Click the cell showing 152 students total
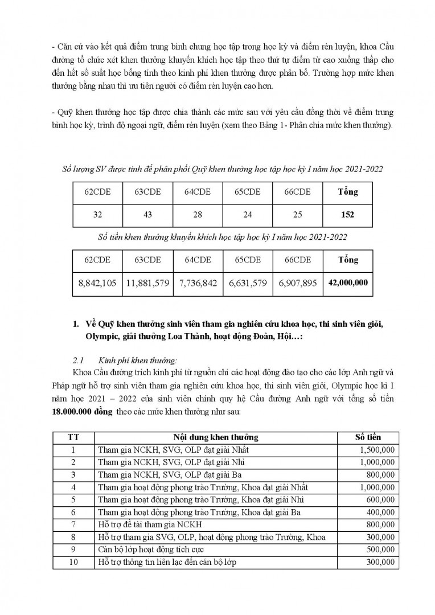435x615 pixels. pyautogui.click(x=347, y=215)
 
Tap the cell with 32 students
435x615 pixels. pyautogui.click(x=97, y=215)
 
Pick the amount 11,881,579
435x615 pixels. pyautogui.click(x=147, y=282)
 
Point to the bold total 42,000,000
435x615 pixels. pyautogui.click(x=347, y=282)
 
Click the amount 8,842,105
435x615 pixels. pyautogui.click(x=97, y=282)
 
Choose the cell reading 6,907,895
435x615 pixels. pyautogui.click(x=297, y=282)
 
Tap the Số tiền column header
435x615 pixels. pyautogui.click(x=368, y=437)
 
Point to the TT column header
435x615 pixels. pyautogui.click(x=73, y=437)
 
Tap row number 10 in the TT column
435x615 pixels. pyautogui.click(x=73, y=563)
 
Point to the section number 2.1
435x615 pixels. pyautogui.click(x=79, y=360)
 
